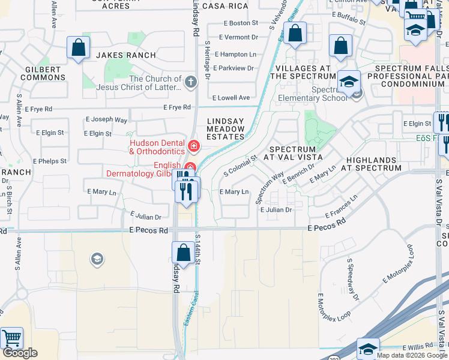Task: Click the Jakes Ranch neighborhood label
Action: click(126, 55)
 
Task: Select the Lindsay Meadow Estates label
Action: click(226, 128)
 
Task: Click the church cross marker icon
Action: click(191, 82)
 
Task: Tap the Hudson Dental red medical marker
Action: click(193, 146)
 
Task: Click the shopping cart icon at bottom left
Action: click(11, 338)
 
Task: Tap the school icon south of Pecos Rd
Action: click(96, 259)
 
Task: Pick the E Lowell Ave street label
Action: click(231, 97)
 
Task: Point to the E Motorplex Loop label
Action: click(399, 265)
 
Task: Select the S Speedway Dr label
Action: click(352, 280)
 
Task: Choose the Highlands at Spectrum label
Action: click(373, 164)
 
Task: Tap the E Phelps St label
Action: click(50, 161)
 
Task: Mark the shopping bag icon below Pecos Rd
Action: click(182, 252)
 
